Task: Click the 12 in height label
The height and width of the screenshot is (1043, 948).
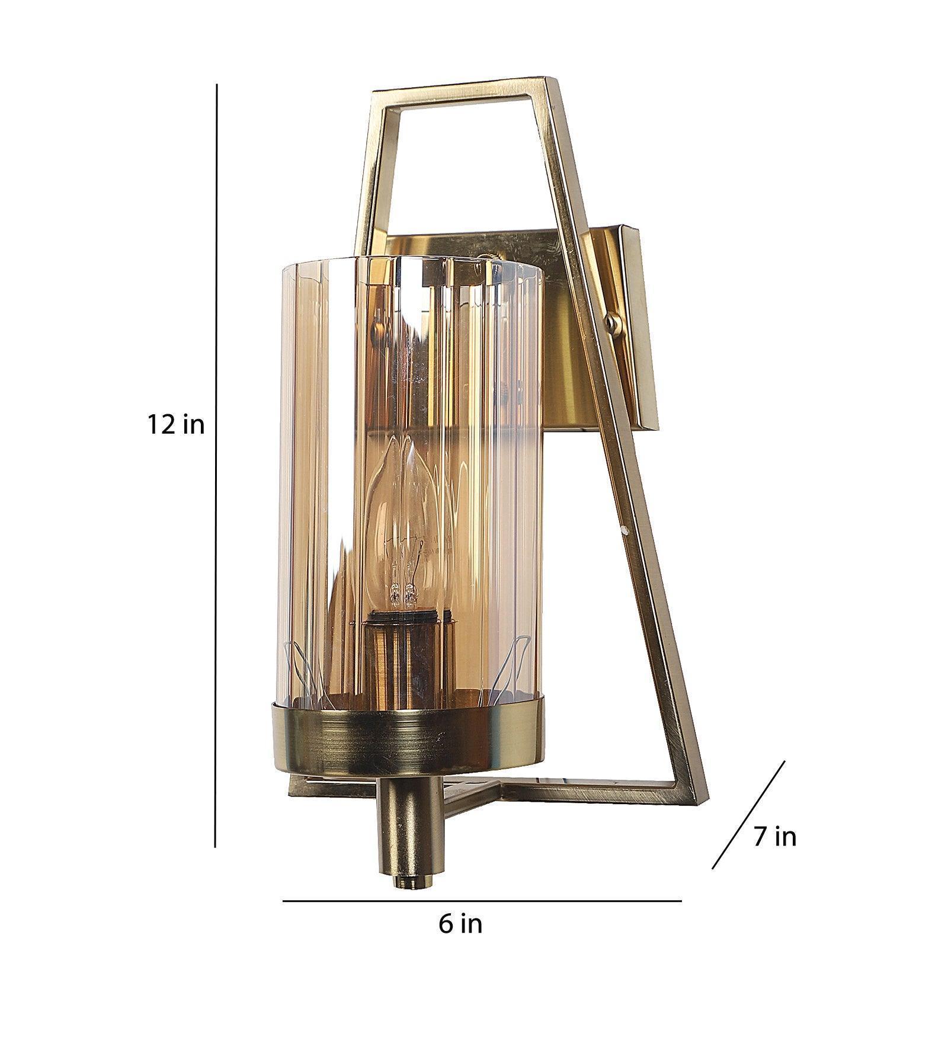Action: (x=176, y=425)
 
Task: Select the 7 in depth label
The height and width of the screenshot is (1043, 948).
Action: (x=775, y=836)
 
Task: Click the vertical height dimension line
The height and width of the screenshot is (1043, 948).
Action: (x=216, y=474)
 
